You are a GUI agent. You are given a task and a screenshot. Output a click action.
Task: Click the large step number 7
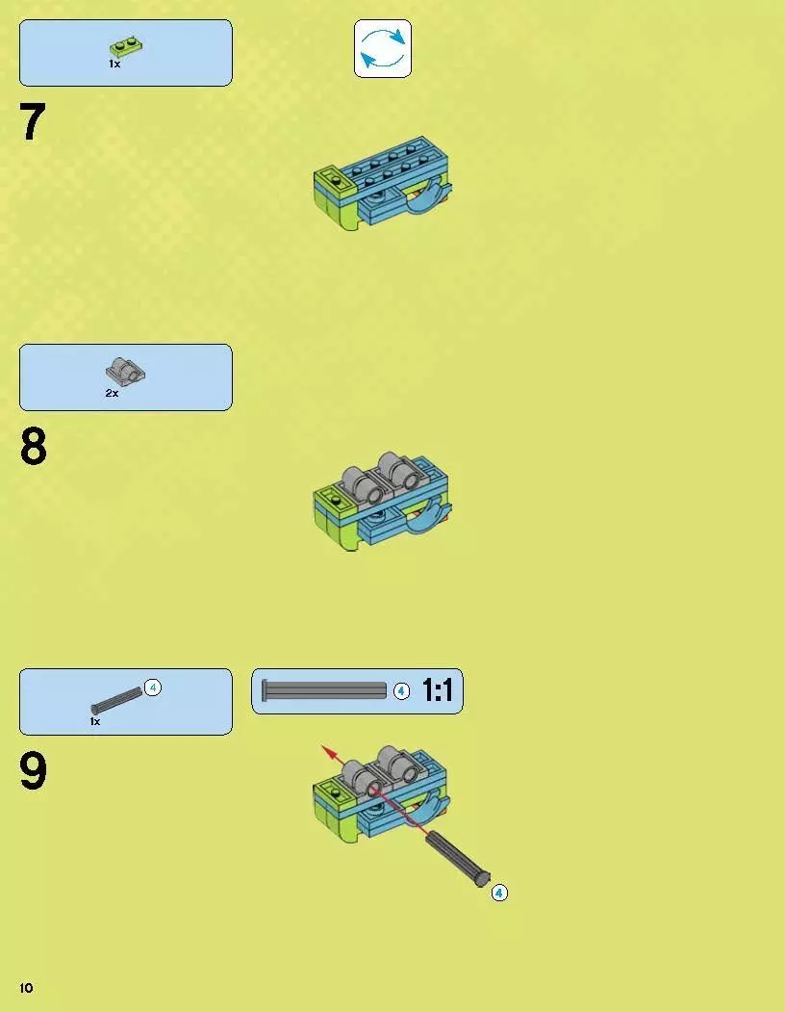tap(33, 122)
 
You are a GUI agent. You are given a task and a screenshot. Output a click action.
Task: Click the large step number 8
tap(34, 446)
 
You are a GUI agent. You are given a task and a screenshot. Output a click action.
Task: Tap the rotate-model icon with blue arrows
tap(383, 48)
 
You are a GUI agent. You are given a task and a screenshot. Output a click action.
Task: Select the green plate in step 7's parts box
tap(126, 46)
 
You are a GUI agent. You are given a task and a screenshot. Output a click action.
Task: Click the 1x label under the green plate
tap(114, 64)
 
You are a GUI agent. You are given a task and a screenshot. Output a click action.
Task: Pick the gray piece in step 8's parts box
tap(125, 371)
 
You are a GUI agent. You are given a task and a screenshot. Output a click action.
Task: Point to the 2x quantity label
tap(112, 393)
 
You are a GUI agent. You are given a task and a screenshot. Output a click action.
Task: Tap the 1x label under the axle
tap(95, 721)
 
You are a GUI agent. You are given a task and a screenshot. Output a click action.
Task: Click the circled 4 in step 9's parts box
tap(152, 688)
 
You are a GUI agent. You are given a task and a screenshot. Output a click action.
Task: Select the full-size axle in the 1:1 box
tap(324, 690)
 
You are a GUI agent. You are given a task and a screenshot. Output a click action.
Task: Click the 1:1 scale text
tap(438, 690)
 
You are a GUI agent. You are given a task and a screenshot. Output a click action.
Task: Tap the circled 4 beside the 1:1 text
tap(401, 691)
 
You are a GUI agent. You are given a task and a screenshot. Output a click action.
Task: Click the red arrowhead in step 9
tap(330, 752)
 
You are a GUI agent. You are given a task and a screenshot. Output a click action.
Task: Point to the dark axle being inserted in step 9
tap(458, 858)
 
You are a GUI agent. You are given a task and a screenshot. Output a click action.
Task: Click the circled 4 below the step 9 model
tap(499, 893)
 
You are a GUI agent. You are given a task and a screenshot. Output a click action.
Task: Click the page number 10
tap(26, 988)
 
